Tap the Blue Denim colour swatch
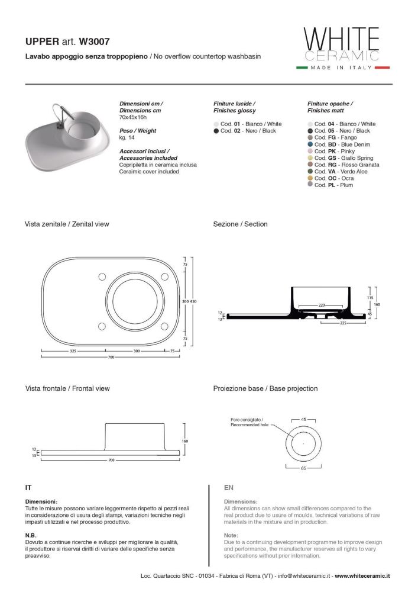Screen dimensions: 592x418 click(x=310, y=144)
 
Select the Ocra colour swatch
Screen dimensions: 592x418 click(x=310, y=178)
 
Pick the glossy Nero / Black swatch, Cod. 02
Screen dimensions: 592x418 click(x=216, y=131)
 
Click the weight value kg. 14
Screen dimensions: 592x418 click(x=127, y=137)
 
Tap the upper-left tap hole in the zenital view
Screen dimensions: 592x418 click(x=102, y=276)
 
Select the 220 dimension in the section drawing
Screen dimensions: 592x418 click(x=322, y=305)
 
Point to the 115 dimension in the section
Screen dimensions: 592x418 click(x=370, y=297)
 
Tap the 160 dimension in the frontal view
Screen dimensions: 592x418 click(x=184, y=441)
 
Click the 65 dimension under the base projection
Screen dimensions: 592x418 click(x=304, y=468)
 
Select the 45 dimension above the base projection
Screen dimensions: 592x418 click(x=304, y=420)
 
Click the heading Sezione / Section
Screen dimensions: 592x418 click(x=240, y=224)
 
